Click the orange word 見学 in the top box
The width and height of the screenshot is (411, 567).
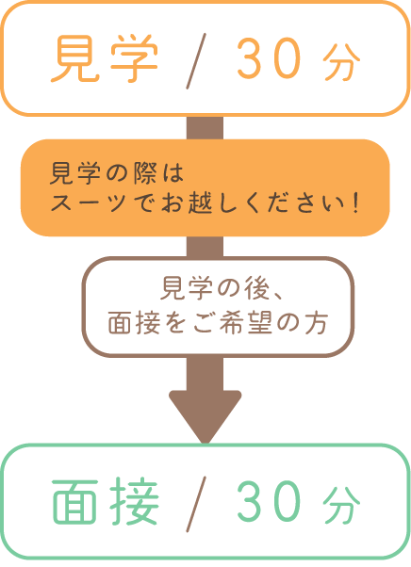click(x=105, y=58)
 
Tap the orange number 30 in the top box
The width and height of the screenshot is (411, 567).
click(x=270, y=58)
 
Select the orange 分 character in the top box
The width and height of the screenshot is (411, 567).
click(x=342, y=62)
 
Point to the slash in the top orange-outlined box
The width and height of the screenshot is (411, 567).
click(x=196, y=60)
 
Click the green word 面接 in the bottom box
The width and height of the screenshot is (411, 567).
click(x=106, y=502)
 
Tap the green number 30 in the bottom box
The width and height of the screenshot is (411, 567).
click(x=270, y=502)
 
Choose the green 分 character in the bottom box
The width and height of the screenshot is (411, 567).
click(x=342, y=506)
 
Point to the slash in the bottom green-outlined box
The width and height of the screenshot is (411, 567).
click(x=196, y=504)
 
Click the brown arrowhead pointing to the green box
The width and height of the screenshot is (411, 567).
click(x=205, y=416)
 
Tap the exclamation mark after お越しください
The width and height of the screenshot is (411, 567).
click(x=355, y=202)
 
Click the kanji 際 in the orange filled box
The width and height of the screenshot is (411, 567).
click(x=145, y=173)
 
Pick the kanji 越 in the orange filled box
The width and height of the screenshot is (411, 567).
click(x=200, y=202)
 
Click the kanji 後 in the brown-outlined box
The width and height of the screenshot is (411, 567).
click(x=257, y=288)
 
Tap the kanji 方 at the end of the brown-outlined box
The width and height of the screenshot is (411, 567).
click(x=316, y=323)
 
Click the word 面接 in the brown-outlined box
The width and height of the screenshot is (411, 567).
click(x=134, y=323)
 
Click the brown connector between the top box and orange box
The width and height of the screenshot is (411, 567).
click(x=205, y=128)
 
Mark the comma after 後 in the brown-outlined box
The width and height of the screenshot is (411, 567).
click(x=279, y=296)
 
